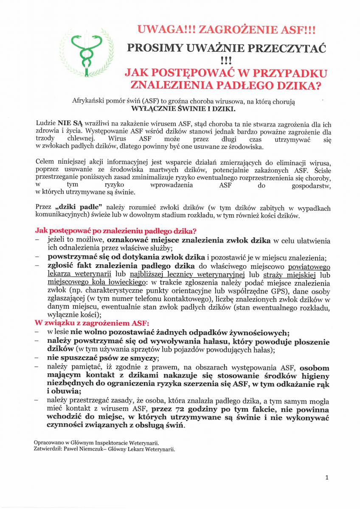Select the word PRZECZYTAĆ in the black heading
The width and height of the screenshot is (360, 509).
coord(290,48)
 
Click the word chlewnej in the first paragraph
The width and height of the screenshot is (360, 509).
coord(81,139)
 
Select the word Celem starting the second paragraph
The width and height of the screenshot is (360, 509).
coord(45,162)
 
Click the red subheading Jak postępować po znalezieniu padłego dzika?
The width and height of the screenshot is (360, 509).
coord(115,231)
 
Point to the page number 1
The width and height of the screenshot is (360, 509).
coord(327,477)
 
